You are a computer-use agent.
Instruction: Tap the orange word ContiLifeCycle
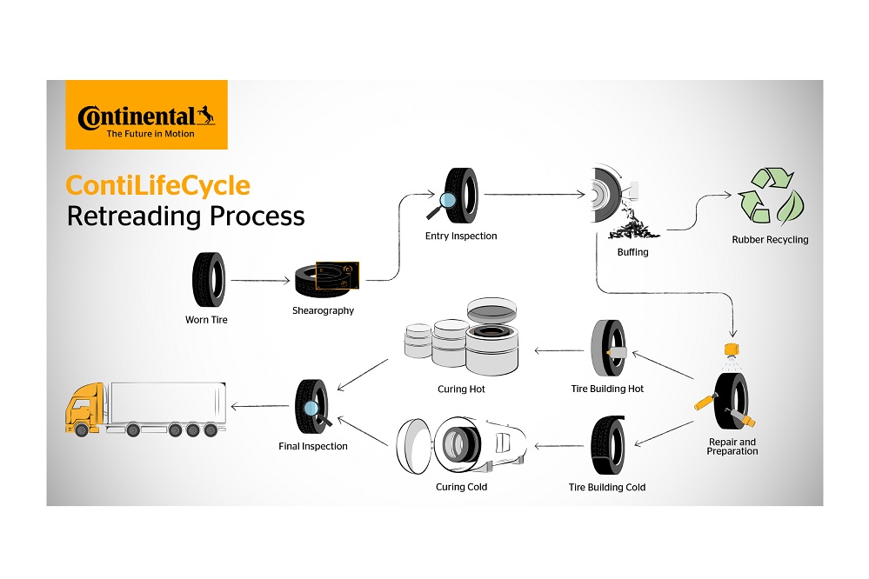tap(158, 185)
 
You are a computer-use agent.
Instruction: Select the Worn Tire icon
tap(208, 280)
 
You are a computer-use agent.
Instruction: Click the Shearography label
tap(323, 310)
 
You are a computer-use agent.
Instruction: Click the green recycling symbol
tap(770, 196)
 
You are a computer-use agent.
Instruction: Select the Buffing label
tap(632, 252)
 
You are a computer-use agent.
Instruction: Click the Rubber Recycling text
tap(770, 240)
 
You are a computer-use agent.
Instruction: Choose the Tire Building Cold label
tap(607, 487)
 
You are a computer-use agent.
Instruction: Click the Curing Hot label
tap(461, 389)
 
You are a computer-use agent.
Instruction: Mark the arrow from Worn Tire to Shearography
tap(259, 281)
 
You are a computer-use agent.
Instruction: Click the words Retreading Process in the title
tap(186, 216)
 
